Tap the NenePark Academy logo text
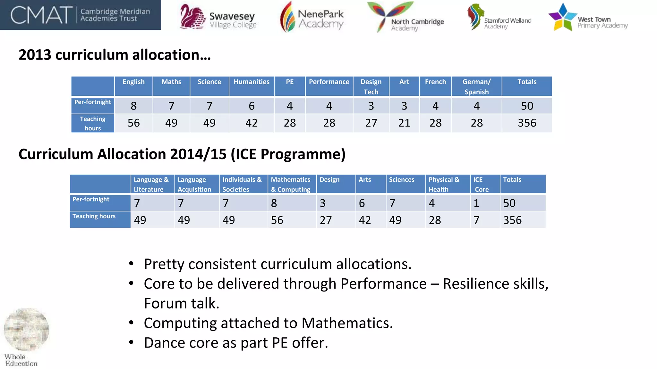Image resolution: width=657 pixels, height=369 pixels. tap(320, 19)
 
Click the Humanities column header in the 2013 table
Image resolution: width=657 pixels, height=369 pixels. tap(252, 82)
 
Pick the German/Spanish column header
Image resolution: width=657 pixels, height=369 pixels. tap(476, 86)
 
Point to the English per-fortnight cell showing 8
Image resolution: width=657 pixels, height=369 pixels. tap(133, 106)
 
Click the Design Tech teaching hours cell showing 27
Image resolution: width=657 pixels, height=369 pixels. tap(371, 123)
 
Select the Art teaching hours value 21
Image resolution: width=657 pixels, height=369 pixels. tap(404, 123)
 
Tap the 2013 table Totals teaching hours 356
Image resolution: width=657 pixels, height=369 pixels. tap(527, 123)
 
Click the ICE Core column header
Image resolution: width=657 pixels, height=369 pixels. tap(481, 184)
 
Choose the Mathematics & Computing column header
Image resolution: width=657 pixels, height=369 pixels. tap(291, 184)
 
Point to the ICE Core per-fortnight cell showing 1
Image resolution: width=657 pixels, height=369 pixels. tap(476, 203)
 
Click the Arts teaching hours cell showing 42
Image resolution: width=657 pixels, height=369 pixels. tap(365, 220)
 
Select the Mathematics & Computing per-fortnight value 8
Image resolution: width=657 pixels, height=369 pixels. tap(274, 203)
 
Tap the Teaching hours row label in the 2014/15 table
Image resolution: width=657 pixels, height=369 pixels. tap(94, 216)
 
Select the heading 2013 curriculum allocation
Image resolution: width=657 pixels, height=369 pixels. tap(115, 55)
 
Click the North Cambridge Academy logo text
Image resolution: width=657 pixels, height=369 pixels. tap(417, 24)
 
